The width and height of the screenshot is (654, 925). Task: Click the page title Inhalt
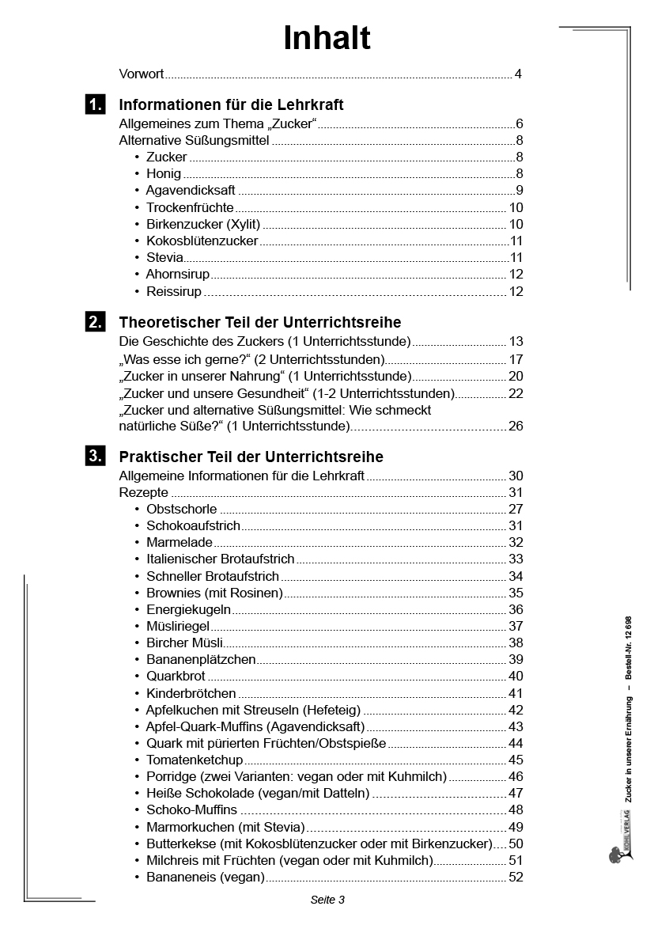[x=327, y=38]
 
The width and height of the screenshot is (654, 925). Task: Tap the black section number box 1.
[x=94, y=104]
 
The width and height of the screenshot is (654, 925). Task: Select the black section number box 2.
[x=94, y=322]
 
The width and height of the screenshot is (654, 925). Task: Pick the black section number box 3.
[x=94, y=457]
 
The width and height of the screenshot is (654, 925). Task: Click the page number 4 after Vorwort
[x=518, y=74]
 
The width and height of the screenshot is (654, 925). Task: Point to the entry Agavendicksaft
[x=191, y=191]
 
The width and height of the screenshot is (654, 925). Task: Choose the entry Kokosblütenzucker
[x=202, y=241]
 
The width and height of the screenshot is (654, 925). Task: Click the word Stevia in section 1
[x=164, y=258]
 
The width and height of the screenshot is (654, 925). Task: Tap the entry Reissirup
[x=174, y=292]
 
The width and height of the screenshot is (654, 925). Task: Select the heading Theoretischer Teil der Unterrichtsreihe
[x=259, y=323]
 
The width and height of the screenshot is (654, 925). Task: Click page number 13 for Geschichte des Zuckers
[x=516, y=342]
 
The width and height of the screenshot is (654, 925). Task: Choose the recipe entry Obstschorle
[x=181, y=510]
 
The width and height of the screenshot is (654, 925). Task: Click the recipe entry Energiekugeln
[x=188, y=610]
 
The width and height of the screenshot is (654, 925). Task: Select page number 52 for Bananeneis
[x=516, y=878]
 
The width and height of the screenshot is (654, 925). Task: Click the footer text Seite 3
[x=327, y=900]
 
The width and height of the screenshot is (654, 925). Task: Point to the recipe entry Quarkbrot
[x=176, y=677]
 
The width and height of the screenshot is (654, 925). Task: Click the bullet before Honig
[x=137, y=174]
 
